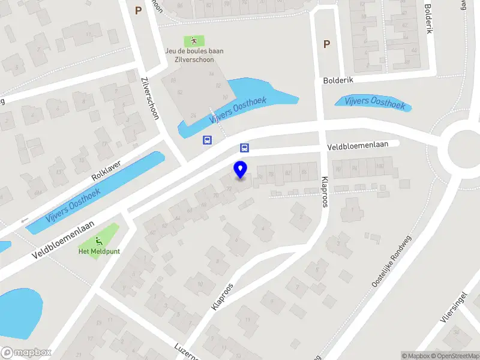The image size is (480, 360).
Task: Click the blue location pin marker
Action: (x=240, y=170)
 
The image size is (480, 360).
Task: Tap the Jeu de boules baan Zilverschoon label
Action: (x=194, y=55)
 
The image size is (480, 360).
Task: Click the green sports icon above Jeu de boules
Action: (x=194, y=41)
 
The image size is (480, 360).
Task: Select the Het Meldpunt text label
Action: (x=98, y=251)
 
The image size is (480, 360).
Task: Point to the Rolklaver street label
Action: (x=106, y=171)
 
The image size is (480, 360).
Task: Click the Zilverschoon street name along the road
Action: (x=149, y=98)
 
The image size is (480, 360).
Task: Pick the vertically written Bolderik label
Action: (x=428, y=19)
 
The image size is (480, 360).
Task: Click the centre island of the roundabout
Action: (x=465, y=148)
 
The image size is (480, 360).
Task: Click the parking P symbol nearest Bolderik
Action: (x=326, y=44)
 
